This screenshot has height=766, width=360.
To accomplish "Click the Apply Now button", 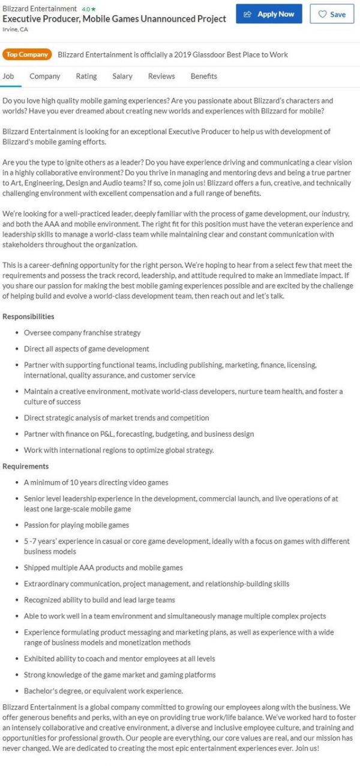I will click(x=269, y=14).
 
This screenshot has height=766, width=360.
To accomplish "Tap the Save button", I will click(x=332, y=14).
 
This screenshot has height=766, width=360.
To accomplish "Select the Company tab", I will click(x=45, y=76).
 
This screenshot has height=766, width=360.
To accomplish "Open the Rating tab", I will click(x=86, y=76).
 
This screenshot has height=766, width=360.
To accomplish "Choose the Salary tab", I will click(x=122, y=76).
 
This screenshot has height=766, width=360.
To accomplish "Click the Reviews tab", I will click(x=161, y=76).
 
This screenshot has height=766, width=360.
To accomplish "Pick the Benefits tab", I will click(x=204, y=76).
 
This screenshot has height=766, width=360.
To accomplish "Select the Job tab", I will click(x=8, y=76).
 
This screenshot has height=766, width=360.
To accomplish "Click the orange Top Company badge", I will click(x=26, y=55).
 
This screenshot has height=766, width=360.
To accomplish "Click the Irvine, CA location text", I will click(x=15, y=29).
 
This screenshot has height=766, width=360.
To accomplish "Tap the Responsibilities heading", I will click(x=28, y=316).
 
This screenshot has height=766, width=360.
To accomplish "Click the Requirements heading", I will click(x=26, y=466).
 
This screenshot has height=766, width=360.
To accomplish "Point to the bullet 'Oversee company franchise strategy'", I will click(x=82, y=333).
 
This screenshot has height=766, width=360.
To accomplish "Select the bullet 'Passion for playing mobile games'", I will click(x=76, y=525).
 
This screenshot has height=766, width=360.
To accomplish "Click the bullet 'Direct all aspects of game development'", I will click(x=86, y=349).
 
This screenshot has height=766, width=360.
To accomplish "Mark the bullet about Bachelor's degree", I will click(x=103, y=690).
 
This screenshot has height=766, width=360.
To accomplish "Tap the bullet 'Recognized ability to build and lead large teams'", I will click(x=100, y=599).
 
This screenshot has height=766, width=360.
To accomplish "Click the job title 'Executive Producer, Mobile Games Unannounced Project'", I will click(x=114, y=19).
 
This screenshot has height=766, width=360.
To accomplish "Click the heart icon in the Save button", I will click(x=322, y=14).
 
